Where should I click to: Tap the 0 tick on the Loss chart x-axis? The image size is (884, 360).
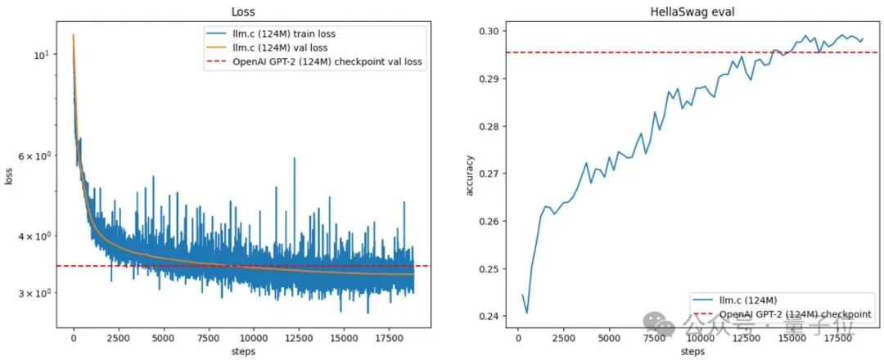[x=74, y=337]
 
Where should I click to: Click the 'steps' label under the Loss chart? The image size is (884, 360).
[x=243, y=352]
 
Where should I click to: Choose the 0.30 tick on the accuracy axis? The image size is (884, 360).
[x=494, y=31]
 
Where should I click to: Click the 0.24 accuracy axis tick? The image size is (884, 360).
[x=494, y=317]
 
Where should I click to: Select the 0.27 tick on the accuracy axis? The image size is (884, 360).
[x=494, y=173]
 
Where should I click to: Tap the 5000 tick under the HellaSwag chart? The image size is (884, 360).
[x=608, y=337]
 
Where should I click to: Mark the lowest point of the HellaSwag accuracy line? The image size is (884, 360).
[x=527, y=313]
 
